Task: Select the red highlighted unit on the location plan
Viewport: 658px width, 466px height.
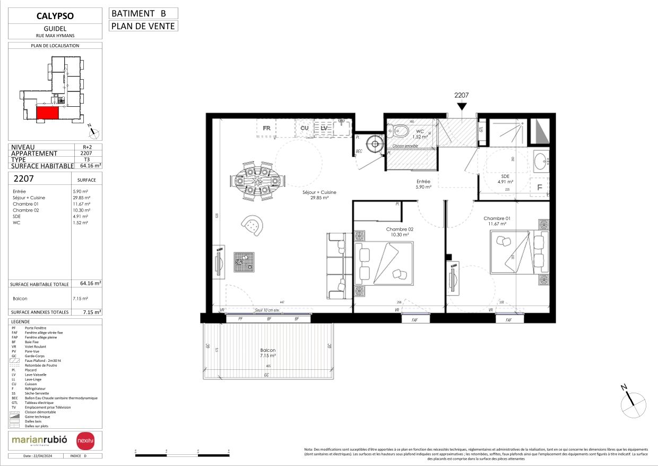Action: [x=47, y=112]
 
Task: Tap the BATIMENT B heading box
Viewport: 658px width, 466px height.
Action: [x=143, y=13]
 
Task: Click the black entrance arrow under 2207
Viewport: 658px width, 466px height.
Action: [x=462, y=107]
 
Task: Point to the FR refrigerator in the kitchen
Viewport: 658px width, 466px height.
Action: [x=266, y=128]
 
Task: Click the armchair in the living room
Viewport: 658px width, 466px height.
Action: [x=253, y=226]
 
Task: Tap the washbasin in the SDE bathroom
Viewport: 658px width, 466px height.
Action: [x=541, y=160]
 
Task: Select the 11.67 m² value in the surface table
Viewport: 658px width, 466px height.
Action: [x=82, y=204]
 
